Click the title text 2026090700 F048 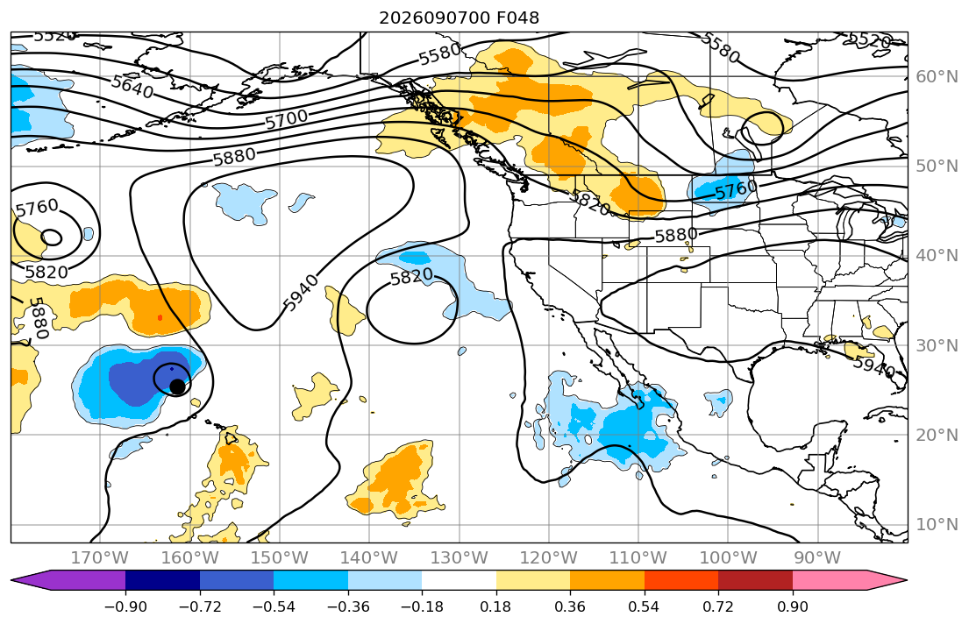tap(459, 18)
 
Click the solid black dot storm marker tap(177, 386)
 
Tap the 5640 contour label tap(132, 86)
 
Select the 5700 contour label tap(287, 118)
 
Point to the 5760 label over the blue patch tap(736, 189)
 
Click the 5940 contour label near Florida tap(873, 367)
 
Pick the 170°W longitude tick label tap(100, 558)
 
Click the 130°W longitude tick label tap(460, 558)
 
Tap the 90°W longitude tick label tap(817, 558)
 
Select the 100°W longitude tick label tap(728, 558)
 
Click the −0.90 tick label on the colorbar tap(125, 606)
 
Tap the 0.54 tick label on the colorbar tap(644, 606)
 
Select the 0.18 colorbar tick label tap(496, 606)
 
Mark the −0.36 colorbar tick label tap(348, 606)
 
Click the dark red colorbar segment tap(755, 580)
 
